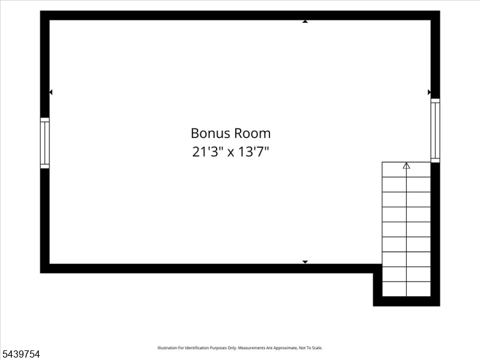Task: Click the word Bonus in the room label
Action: (211, 133)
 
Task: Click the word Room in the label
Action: (253, 133)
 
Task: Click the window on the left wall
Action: (44, 143)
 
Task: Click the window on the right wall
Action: (436, 130)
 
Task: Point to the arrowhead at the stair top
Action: (406, 166)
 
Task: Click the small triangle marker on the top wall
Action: (305, 22)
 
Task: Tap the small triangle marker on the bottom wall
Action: (305, 262)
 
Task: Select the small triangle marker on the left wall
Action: (51, 92)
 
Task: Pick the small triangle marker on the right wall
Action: (429, 92)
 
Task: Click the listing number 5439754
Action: (21, 354)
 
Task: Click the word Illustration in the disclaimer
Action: (167, 348)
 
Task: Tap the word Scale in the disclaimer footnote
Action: (317, 348)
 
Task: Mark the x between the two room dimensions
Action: (230, 152)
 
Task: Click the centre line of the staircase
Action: (406, 230)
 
